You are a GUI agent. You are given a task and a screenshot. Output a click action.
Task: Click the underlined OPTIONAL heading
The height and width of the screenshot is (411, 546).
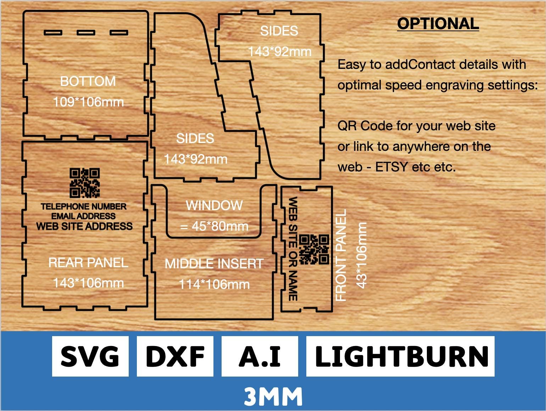438,24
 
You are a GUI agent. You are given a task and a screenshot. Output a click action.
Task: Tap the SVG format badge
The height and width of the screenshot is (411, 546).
90,356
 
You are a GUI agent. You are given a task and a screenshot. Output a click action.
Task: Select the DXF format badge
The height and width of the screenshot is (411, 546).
175,356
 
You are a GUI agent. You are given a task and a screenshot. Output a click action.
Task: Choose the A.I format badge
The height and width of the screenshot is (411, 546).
260,356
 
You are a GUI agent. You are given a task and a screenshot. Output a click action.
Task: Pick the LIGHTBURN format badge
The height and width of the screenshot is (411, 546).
400,356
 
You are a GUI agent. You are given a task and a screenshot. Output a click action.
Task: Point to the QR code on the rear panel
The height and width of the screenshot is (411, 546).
85,183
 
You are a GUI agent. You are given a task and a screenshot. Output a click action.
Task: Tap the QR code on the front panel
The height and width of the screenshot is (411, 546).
314,250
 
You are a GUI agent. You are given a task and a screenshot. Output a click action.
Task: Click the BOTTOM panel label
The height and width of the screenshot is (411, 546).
88,81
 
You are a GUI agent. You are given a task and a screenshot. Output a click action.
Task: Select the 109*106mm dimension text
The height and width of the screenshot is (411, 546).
88,102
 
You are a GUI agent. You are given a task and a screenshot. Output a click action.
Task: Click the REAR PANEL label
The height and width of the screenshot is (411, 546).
88,263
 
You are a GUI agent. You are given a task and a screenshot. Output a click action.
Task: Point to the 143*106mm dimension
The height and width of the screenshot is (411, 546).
88,283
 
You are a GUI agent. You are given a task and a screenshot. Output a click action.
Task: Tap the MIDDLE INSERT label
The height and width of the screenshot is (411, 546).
214,264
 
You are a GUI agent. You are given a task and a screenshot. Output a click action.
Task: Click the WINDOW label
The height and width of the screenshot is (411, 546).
214,205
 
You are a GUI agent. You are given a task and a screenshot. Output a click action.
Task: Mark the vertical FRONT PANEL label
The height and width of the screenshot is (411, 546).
341,255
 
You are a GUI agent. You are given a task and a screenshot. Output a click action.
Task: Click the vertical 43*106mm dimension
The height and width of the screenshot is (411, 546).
361,256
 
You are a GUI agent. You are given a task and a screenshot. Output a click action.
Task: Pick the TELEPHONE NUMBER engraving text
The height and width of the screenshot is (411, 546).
84,206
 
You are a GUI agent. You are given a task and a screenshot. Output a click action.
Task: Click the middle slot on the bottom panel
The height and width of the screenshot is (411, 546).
86,33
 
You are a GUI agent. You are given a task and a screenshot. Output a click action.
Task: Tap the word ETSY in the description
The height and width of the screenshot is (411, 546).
391,167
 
